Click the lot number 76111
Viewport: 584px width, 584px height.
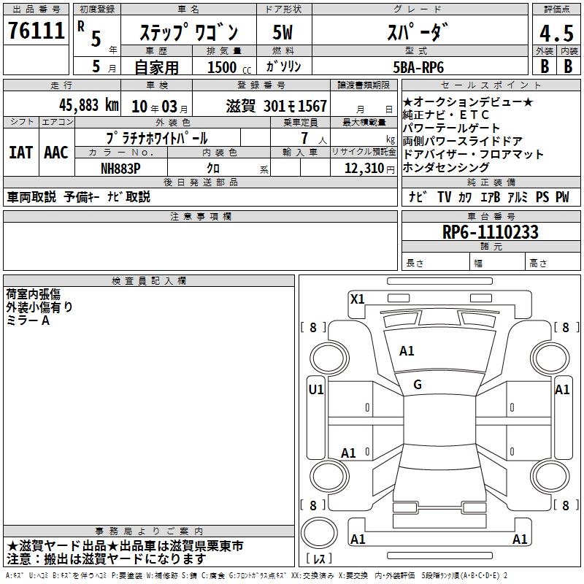pos(36,30)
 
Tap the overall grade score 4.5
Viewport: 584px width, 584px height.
pos(556,33)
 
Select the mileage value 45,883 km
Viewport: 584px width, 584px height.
pos(89,105)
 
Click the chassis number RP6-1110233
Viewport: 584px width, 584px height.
pos(490,232)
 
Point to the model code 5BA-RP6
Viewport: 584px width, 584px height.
pos(418,67)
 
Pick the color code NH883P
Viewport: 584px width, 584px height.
pos(120,169)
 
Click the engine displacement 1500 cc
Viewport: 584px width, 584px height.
pos(229,67)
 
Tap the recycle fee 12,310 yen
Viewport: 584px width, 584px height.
pos(369,169)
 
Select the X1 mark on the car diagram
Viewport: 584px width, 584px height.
pos(357,299)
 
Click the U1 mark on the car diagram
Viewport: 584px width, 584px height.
pos(316,390)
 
